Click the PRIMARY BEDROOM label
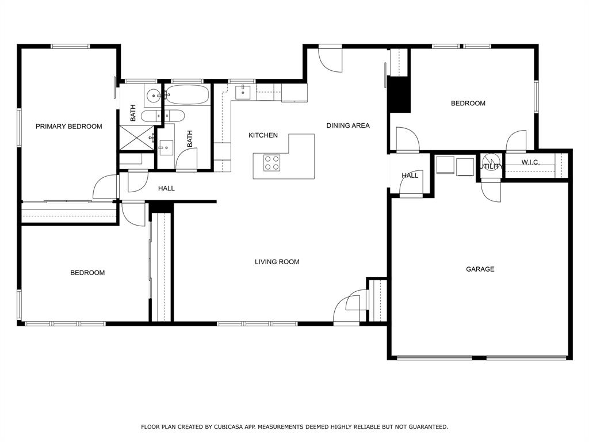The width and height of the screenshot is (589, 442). coord(68,127)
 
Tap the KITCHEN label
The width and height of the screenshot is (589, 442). coord(263,135)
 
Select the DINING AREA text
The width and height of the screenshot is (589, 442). coord(348,125)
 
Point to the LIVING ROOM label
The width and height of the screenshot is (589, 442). coord(277,262)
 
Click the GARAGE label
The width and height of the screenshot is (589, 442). coord(480,269)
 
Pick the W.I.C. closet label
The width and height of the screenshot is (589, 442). coord(530,162)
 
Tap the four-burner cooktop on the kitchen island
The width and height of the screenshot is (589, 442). coord(271,163)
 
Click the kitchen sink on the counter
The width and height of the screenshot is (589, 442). coord(243,91)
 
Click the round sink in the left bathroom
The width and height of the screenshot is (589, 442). coord(154,96)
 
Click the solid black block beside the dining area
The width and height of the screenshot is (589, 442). coord(399,94)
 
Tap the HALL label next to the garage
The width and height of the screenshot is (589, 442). coord(410,176)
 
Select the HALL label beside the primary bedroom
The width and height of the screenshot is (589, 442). coord(166,188)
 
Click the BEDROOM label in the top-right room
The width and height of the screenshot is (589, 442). coord(468,104)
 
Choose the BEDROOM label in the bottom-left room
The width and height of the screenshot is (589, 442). coord(87,273)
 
